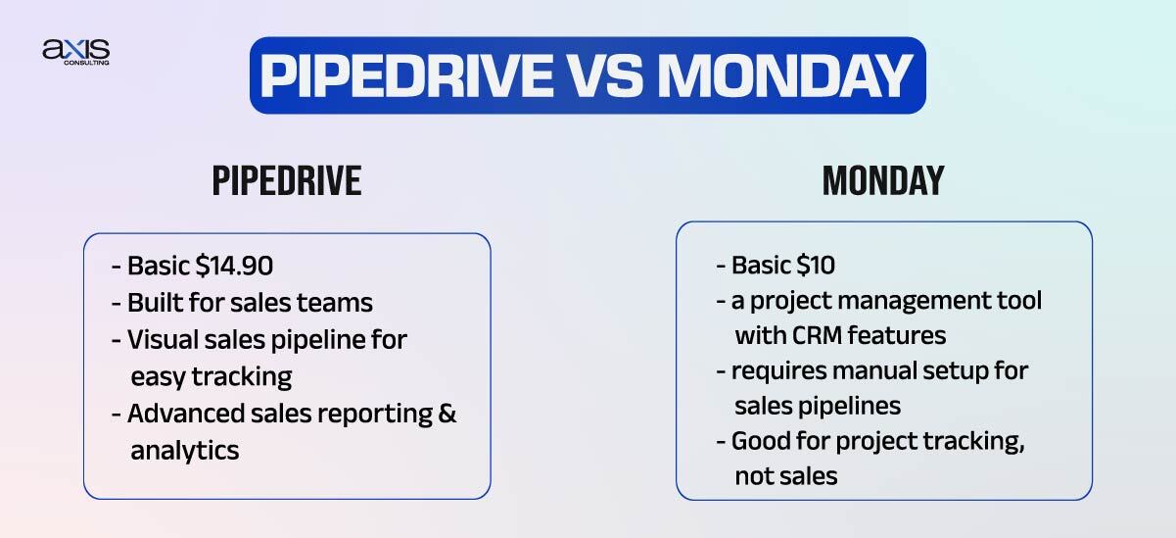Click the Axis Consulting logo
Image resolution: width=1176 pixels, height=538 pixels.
[75, 52]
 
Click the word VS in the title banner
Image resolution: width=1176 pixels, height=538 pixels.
[622, 75]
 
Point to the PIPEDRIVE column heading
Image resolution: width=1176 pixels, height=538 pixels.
[287, 181]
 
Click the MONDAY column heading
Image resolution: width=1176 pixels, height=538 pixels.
[883, 181]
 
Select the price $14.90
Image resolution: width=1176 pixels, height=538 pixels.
[237, 267]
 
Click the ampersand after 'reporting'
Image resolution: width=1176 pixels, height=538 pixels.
[447, 414]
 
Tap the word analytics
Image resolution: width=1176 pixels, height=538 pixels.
[185, 451]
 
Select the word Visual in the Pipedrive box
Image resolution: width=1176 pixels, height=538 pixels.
[161, 340]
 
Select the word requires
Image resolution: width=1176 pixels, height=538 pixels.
[770, 371]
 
